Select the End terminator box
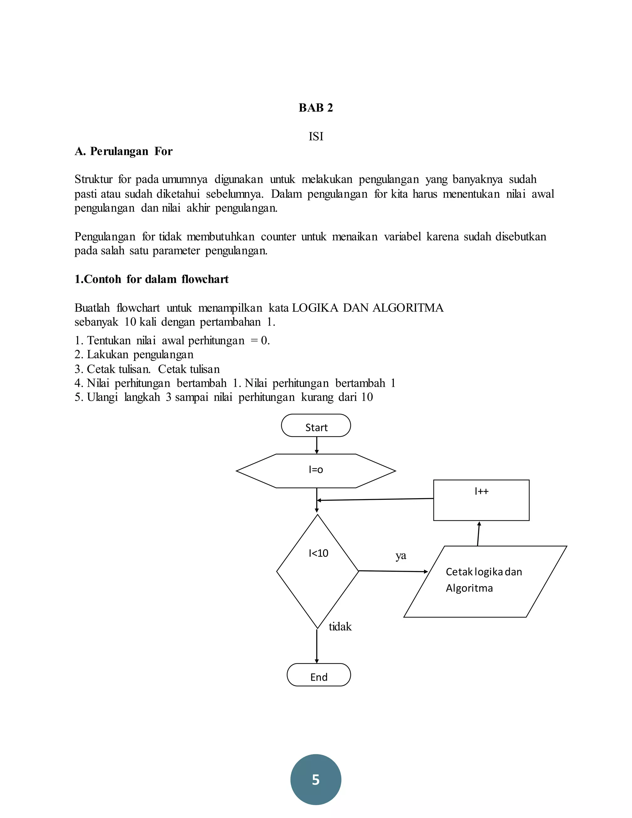click(318, 674)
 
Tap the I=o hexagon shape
click(316, 471)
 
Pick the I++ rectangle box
click(481, 500)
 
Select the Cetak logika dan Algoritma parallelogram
click(485, 581)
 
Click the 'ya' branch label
click(401, 555)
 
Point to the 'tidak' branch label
click(340, 627)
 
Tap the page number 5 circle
click(316, 779)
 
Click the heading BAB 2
click(316, 108)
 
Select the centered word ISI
click(316, 137)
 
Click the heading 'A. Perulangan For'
click(123, 151)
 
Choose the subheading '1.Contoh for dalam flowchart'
click(151, 279)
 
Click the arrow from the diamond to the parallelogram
click(393, 571)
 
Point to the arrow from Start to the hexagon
click(317, 445)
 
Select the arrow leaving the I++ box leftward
click(374, 499)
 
